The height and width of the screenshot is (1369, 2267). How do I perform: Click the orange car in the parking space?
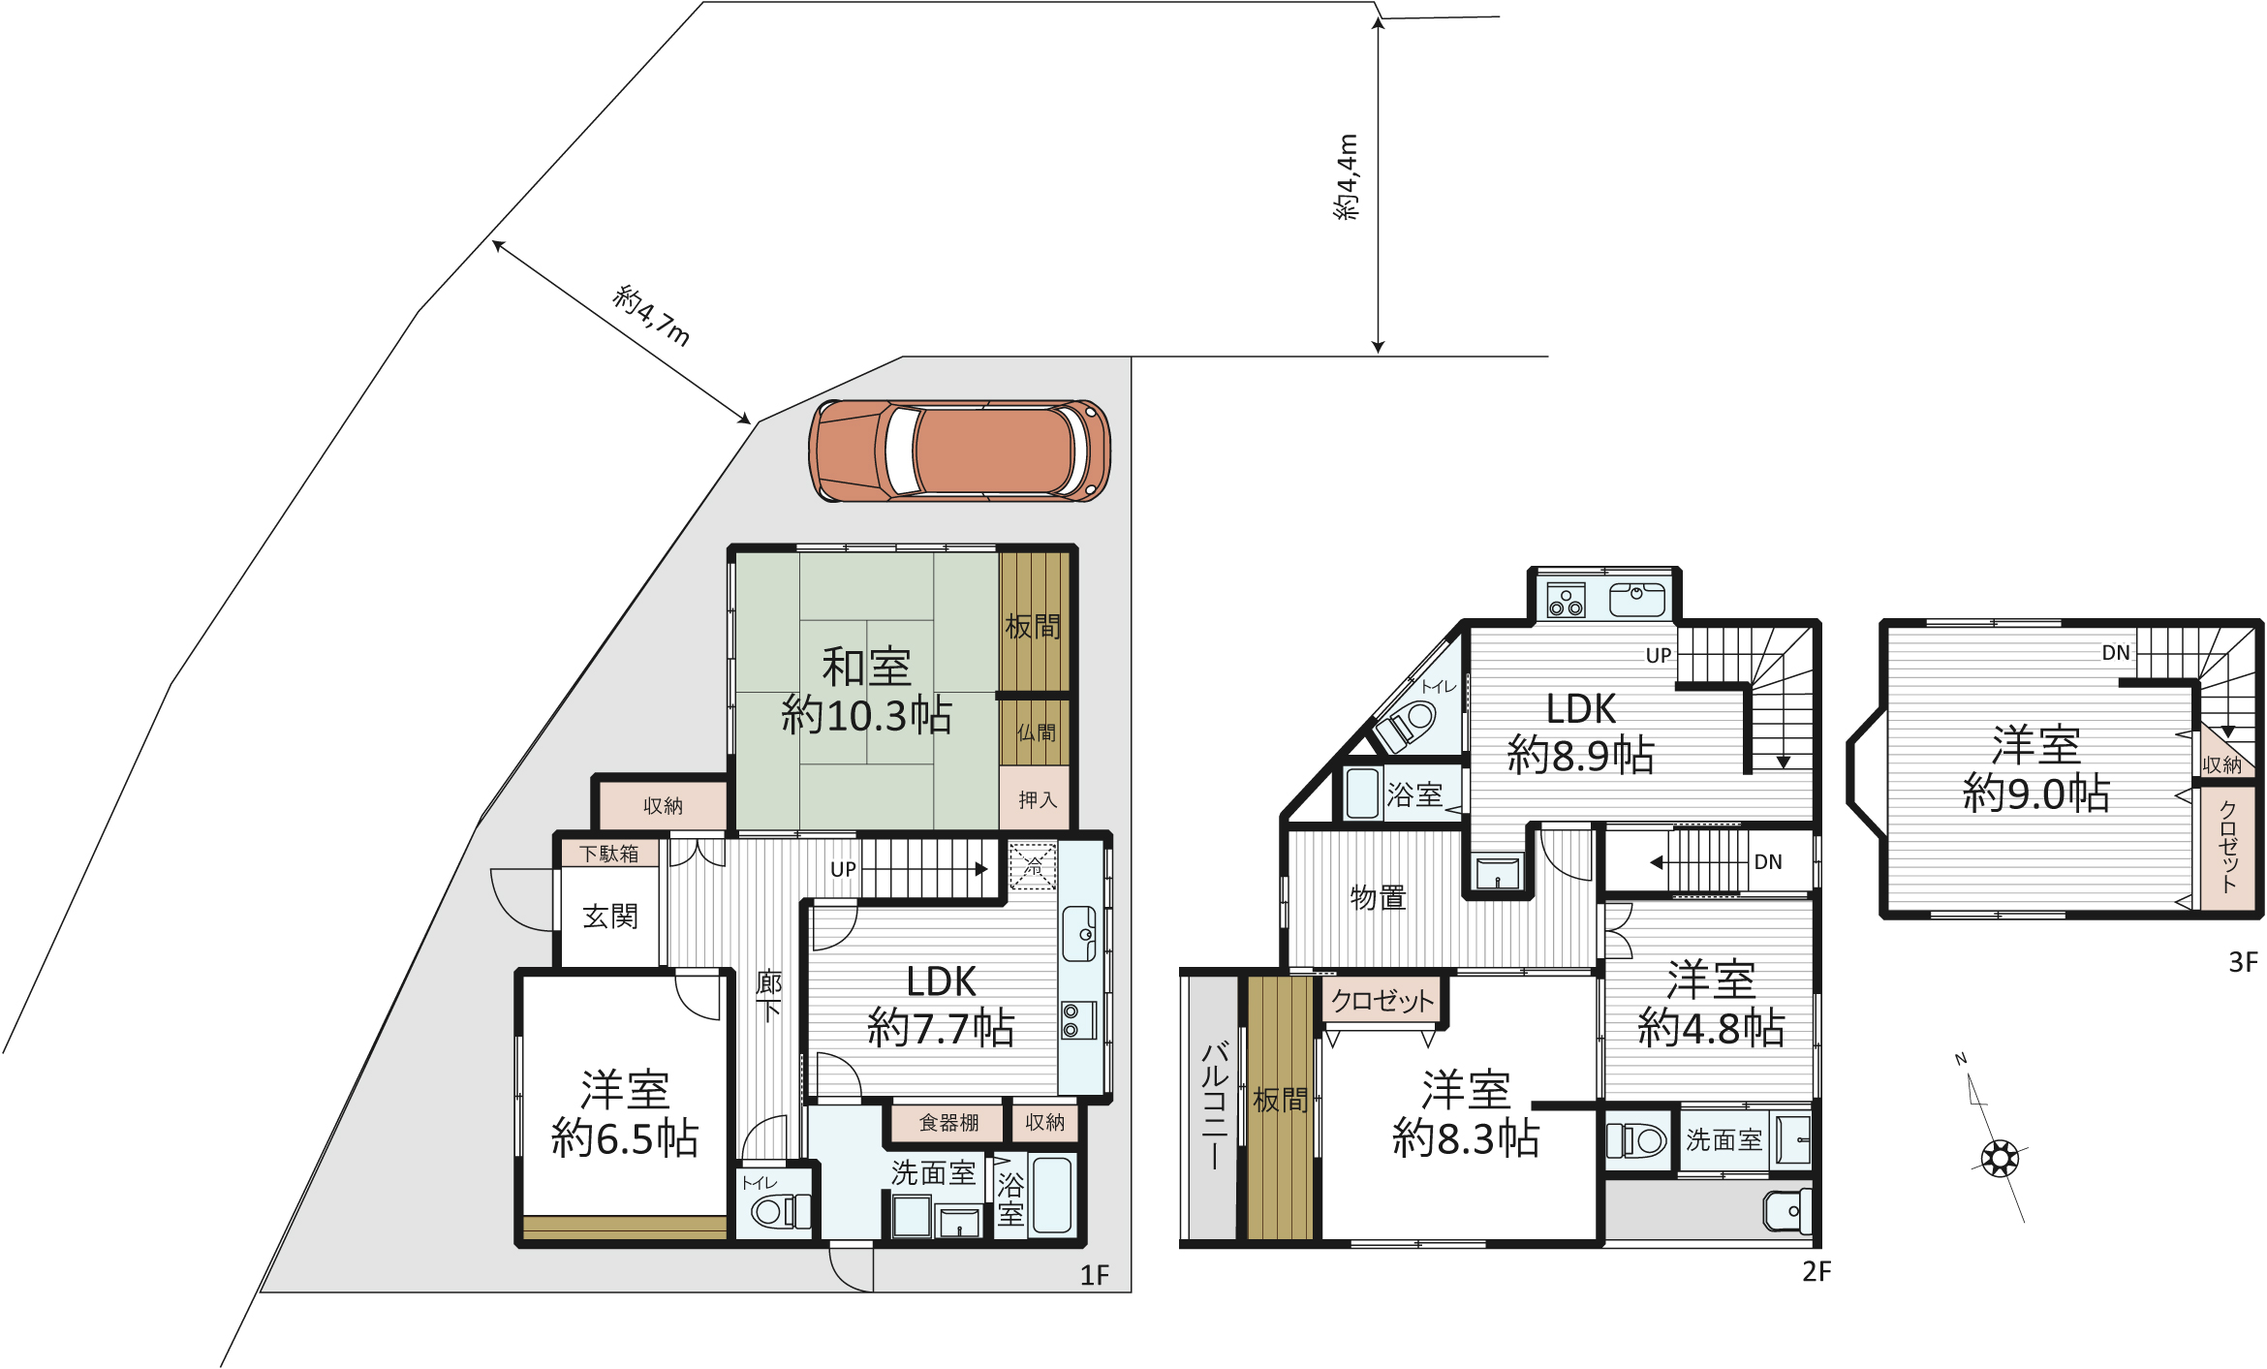coord(959,451)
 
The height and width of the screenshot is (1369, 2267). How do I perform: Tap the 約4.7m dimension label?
coord(652,316)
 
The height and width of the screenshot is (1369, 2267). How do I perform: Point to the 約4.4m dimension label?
coord(1347,177)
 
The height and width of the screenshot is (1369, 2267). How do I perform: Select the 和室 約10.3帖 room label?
coord(867,691)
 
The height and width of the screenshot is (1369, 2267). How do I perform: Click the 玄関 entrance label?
coord(610,917)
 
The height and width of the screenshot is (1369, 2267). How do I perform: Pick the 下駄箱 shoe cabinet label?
coord(609,854)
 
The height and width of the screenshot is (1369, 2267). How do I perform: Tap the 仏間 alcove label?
coord(1037,732)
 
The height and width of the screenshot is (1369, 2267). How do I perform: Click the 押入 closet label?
coord(1038,799)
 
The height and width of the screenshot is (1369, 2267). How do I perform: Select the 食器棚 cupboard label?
coord(948,1122)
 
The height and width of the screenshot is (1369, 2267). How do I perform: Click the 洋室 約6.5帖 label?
coord(625,1114)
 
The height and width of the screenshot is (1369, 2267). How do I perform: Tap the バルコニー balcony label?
coord(1214,1105)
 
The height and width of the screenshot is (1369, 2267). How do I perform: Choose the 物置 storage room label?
coord(1378,898)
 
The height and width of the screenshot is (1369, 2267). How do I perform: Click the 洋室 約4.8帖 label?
coord(1711,1004)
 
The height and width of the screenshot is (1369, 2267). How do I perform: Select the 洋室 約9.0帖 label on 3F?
coord(2036,769)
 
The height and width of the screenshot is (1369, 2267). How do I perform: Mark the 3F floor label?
coord(2244,962)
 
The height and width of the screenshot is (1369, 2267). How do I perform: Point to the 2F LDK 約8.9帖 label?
coord(1581,732)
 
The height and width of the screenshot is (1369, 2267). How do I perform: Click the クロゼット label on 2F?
coord(1382,1001)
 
